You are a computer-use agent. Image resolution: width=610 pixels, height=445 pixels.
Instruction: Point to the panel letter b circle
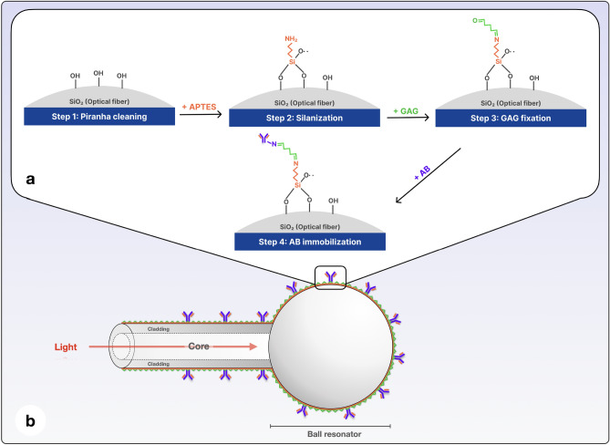tap(31, 421)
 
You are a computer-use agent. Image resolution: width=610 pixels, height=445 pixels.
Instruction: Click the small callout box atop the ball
tap(330, 274)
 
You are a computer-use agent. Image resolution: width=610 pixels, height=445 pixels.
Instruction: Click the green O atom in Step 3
tap(476, 20)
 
